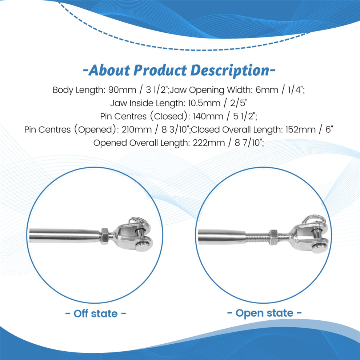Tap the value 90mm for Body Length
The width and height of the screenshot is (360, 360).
(122, 90)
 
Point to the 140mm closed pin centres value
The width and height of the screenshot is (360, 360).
(208, 116)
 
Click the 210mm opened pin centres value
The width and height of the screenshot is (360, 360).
(137, 129)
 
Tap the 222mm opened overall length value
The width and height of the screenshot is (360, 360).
(208, 143)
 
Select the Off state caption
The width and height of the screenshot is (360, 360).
(96, 313)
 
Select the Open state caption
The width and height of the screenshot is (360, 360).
(264, 313)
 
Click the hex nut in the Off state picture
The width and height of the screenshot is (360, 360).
(104, 236)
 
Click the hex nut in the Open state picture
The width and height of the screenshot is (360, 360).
(273, 237)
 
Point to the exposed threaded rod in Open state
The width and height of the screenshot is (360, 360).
(257, 237)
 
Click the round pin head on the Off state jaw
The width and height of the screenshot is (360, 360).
(142, 247)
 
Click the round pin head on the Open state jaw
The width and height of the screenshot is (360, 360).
(319, 248)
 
